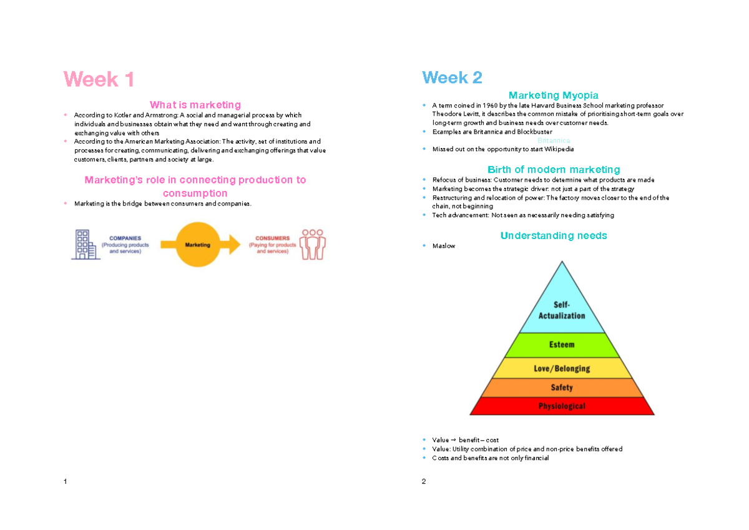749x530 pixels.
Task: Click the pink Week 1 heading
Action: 99,80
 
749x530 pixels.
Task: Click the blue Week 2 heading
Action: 452,78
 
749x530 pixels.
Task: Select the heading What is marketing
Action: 195,105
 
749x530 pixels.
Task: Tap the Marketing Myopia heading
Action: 553,96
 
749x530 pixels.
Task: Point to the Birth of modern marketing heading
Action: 553,170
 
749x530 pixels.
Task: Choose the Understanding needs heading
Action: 553,236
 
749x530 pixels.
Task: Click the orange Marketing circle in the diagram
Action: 197,245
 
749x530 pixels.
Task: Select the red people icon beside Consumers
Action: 313,244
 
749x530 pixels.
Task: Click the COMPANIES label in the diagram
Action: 125,238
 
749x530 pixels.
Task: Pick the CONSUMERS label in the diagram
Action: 272,238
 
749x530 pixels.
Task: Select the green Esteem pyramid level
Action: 562,345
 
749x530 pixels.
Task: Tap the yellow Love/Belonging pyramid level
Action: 562,368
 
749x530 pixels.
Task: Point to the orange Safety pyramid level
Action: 562,388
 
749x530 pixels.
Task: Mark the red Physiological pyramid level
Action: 562,406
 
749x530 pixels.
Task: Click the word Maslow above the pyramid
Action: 443,246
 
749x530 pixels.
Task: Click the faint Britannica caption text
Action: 553,141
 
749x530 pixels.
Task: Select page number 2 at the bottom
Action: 424,481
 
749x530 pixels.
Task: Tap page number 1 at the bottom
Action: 66,481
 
